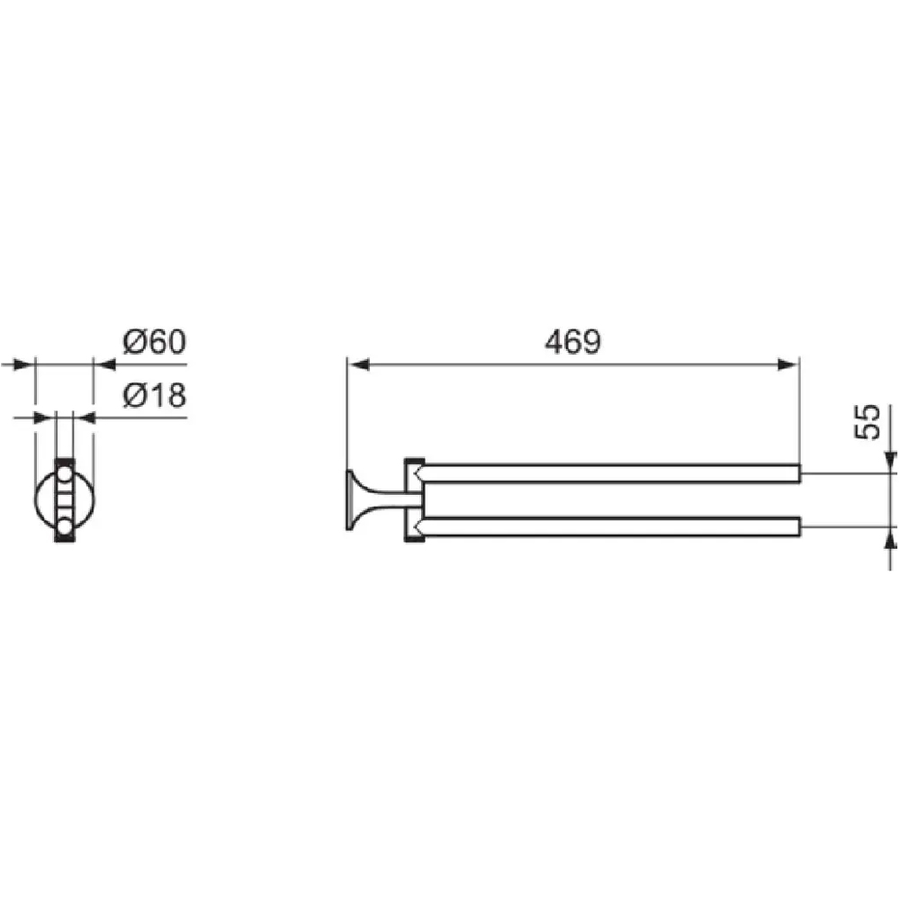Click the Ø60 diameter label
pos(155,341)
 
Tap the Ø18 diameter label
pos(155,395)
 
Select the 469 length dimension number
pos(572,342)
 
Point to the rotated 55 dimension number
pos(868,422)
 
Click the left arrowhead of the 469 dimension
pos(359,364)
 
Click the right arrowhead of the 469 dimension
pos(787,364)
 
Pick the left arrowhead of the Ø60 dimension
pos(23,364)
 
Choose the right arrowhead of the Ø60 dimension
pos(103,364)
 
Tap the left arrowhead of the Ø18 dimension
pos(45,418)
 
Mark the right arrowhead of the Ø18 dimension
pos(84,418)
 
